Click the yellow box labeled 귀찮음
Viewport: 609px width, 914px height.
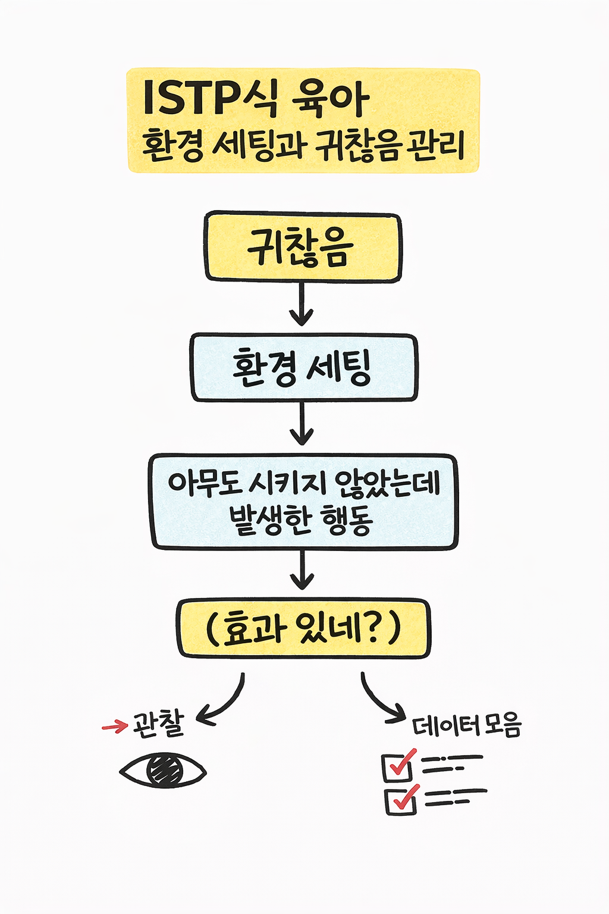(x=303, y=247)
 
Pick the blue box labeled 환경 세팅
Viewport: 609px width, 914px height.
(x=303, y=367)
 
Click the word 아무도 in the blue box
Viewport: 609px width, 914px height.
(x=203, y=483)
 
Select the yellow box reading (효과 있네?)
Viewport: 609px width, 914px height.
(x=303, y=628)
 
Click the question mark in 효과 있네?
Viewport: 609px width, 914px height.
(x=370, y=628)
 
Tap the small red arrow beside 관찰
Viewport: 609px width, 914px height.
(x=115, y=726)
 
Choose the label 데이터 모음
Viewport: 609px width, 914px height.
(x=466, y=726)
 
